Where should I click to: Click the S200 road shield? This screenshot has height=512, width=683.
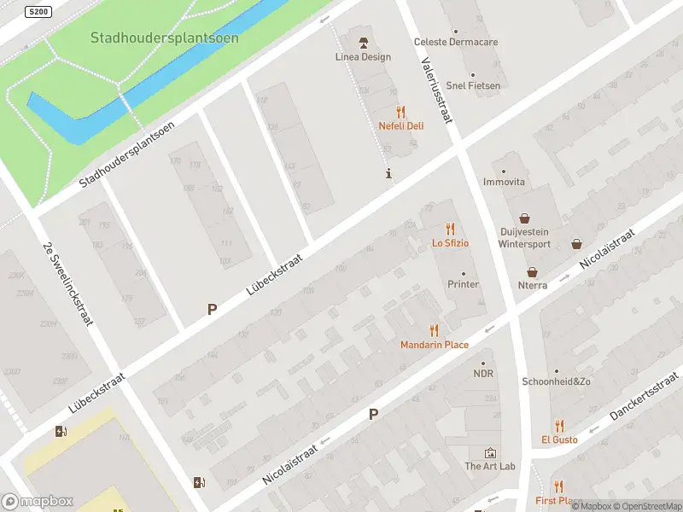tap(38, 12)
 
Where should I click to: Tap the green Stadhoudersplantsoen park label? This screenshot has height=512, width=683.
tap(165, 38)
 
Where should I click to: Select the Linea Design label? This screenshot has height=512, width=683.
tap(363, 57)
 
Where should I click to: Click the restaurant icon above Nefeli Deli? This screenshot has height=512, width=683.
tap(401, 112)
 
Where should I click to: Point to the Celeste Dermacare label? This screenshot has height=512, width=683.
tap(456, 42)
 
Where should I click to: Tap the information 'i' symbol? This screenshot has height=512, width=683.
tap(389, 174)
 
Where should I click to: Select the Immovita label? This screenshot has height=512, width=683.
tap(504, 182)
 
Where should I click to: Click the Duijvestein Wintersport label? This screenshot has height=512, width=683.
tap(524, 237)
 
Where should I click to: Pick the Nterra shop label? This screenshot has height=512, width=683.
tap(533, 285)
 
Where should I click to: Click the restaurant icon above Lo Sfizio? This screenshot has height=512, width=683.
tap(450, 229)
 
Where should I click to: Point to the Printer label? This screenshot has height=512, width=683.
tap(464, 284)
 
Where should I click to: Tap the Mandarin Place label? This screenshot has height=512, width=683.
tap(435, 345)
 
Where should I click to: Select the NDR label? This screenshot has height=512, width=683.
tap(484, 374)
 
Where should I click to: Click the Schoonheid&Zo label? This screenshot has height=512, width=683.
tap(557, 381)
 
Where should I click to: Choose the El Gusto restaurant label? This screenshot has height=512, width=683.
tap(559, 439)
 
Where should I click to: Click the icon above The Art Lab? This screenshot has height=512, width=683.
tap(490, 452)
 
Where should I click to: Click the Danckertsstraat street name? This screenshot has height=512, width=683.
tap(645, 395)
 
